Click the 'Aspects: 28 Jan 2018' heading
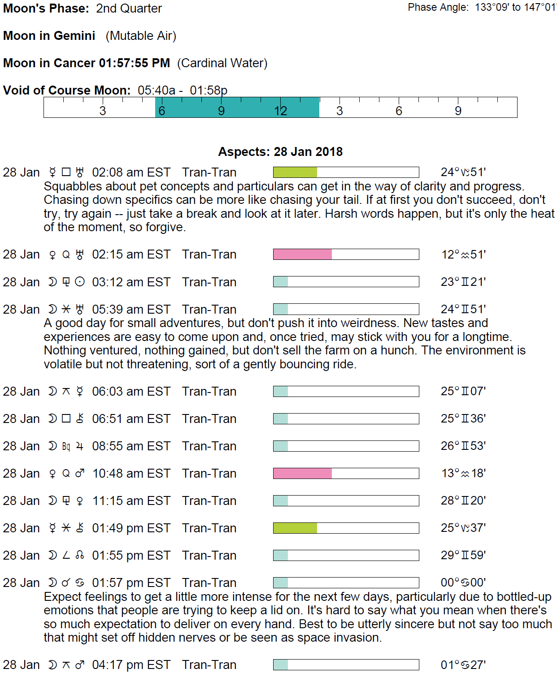click(x=280, y=152)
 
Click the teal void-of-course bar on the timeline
click(x=237, y=108)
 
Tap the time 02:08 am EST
click(x=131, y=173)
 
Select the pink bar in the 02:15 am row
click(x=302, y=255)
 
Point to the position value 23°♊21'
click(x=463, y=282)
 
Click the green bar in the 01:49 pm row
click(x=295, y=528)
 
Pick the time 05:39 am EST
click(x=131, y=310)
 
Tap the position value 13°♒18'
click(x=463, y=474)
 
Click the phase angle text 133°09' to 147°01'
click(x=516, y=8)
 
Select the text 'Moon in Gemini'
click(x=49, y=36)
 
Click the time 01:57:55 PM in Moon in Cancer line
click(x=134, y=63)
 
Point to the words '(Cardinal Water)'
click(x=222, y=63)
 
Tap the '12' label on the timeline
click(x=280, y=111)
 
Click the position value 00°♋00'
click(x=463, y=582)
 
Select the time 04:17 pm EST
click(x=131, y=665)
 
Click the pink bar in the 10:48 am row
click(x=302, y=474)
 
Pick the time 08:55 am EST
click(x=131, y=446)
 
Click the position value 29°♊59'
click(x=463, y=555)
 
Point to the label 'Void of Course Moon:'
click(x=67, y=91)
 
